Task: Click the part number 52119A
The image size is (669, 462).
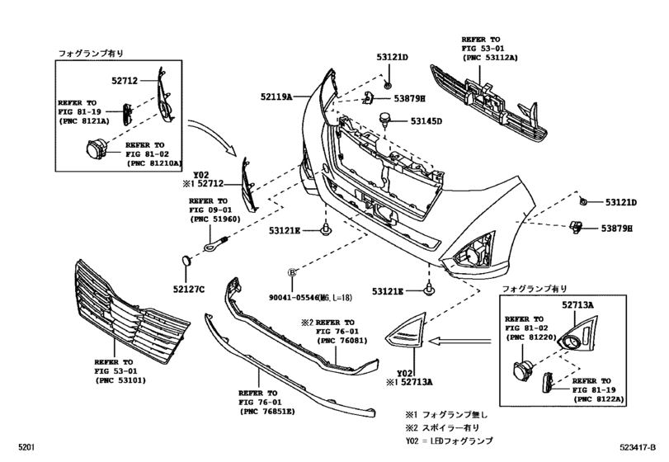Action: (278, 97)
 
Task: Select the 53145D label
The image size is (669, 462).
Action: (426, 121)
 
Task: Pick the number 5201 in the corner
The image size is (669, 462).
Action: (16, 446)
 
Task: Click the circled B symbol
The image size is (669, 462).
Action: (291, 271)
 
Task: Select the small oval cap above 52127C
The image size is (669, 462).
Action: (186, 261)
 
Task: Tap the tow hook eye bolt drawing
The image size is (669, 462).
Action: (215, 243)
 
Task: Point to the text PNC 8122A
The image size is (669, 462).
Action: (600, 398)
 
